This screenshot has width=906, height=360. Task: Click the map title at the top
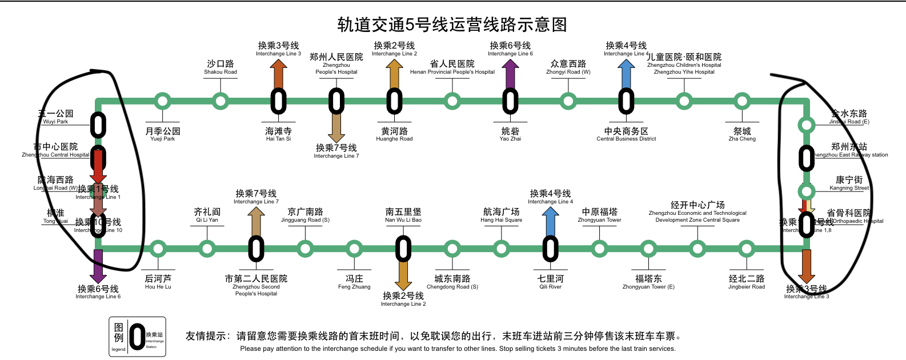pyautogui.click(x=452, y=25)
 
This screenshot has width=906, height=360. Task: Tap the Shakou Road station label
pyautogui.click(x=221, y=67)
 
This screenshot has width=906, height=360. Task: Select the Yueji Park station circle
pyautogui.click(x=163, y=101)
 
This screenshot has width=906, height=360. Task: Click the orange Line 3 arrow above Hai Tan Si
pyautogui.click(x=278, y=73)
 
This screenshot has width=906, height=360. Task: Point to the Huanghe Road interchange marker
pyautogui.click(x=394, y=101)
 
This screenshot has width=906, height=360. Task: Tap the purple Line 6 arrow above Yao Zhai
pyautogui.click(x=510, y=73)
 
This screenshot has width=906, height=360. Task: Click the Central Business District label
pyautogui.click(x=626, y=134)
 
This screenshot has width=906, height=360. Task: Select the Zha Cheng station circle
pyautogui.click(x=741, y=101)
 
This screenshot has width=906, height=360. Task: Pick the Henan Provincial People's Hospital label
pyautogui.click(x=452, y=67)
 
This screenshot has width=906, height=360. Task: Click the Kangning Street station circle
pyautogui.click(x=807, y=191)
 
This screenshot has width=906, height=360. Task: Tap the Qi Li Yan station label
pyautogui.click(x=207, y=215)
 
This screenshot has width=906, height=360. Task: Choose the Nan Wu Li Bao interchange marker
pyautogui.click(x=403, y=249)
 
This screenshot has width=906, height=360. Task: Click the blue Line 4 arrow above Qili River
pyautogui.click(x=550, y=221)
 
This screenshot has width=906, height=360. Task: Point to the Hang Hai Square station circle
pyautogui.click(x=501, y=249)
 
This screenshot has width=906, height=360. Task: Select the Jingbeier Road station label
pyautogui.click(x=747, y=282)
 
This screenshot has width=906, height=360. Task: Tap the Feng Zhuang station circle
pyautogui.click(x=354, y=249)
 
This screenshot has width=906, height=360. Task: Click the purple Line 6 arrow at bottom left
pyautogui.click(x=98, y=266)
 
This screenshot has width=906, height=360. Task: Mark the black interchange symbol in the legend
pyautogui.click(x=137, y=337)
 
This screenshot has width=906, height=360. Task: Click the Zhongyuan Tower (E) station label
pyautogui.click(x=648, y=282)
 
